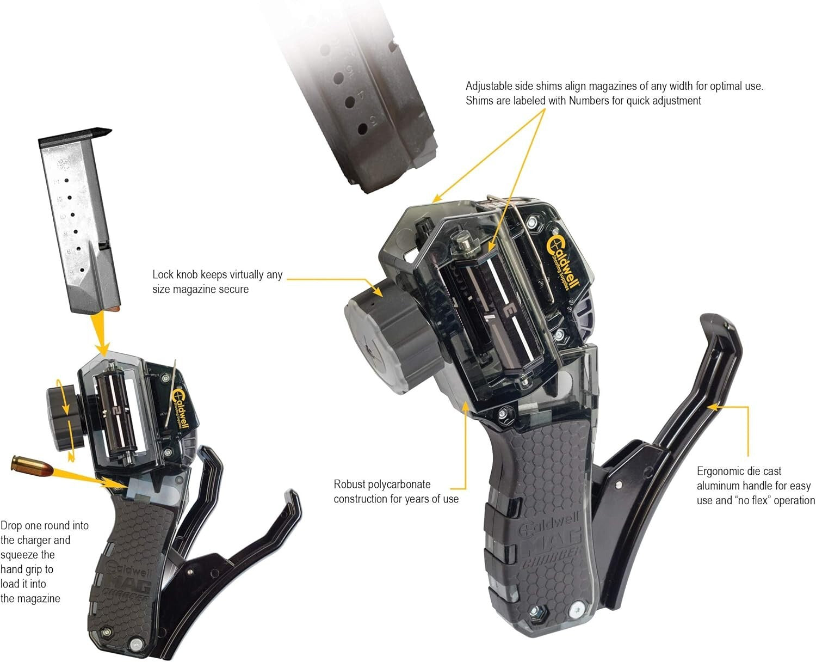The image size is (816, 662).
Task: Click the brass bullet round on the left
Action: coord(32,467)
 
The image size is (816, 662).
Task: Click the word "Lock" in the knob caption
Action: coord(162,275)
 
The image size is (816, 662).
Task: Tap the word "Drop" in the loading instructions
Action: coord(12,526)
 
